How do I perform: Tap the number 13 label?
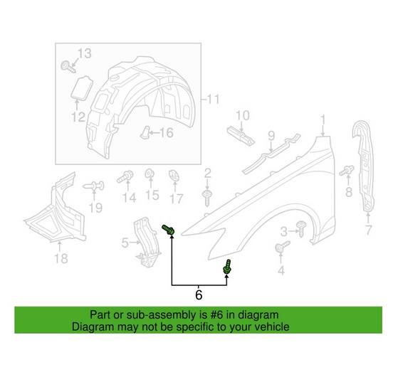(85, 53)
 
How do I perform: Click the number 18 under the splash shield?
(61, 259)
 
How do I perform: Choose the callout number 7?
(368, 230)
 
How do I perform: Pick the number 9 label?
(271, 134)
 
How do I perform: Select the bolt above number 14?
(127, 176)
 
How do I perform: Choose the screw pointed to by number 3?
(302, 228)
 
